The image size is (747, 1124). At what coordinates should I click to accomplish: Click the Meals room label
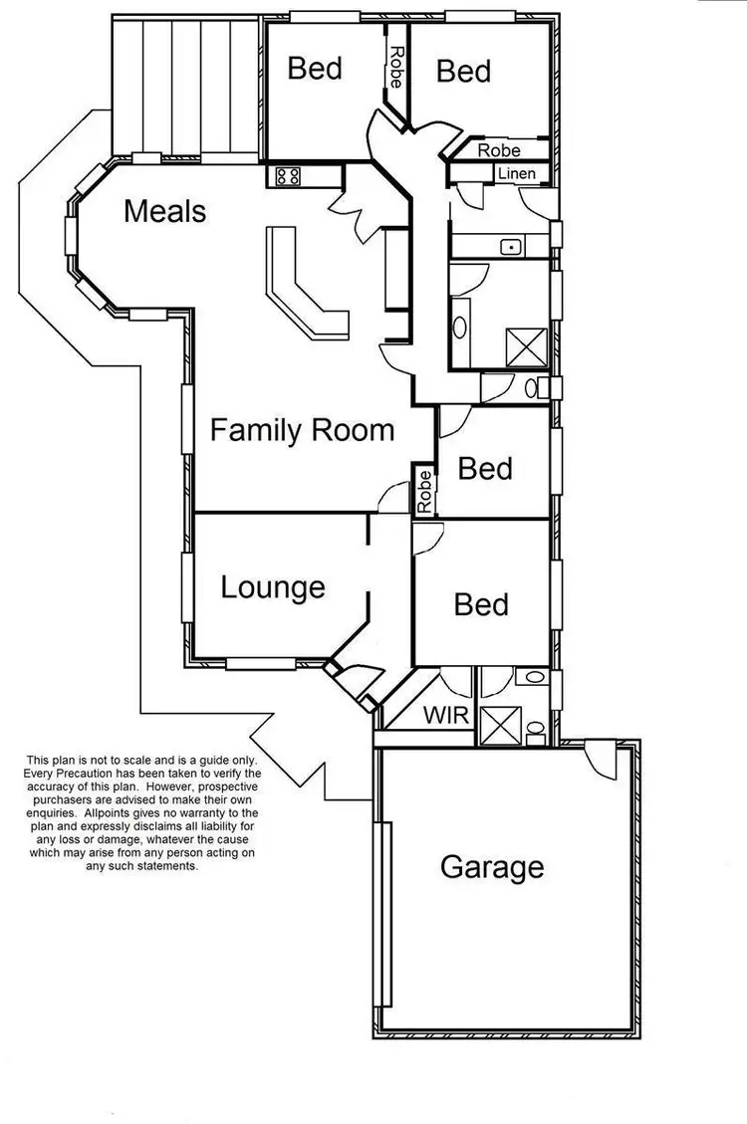tap(165, 211)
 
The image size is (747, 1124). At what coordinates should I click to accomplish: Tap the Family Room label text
tap(303, 431)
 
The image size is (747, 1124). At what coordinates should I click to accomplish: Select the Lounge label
tap(273, 587)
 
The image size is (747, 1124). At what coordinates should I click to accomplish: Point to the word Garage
tap(492, 867)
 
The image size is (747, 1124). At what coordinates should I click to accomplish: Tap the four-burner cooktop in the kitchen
tap(289, 176)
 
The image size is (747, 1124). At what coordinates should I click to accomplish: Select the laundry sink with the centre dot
tap(511, 246)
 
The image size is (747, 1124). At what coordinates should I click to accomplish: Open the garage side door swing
tap(601, 762)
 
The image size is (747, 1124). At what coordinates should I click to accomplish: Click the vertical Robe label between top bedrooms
tap(396, 68)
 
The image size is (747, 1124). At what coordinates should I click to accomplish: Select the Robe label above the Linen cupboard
tap(499, 150)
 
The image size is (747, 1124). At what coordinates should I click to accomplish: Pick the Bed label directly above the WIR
tap(481, 604)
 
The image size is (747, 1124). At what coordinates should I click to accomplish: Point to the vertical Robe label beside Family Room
tap(424, 491)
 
